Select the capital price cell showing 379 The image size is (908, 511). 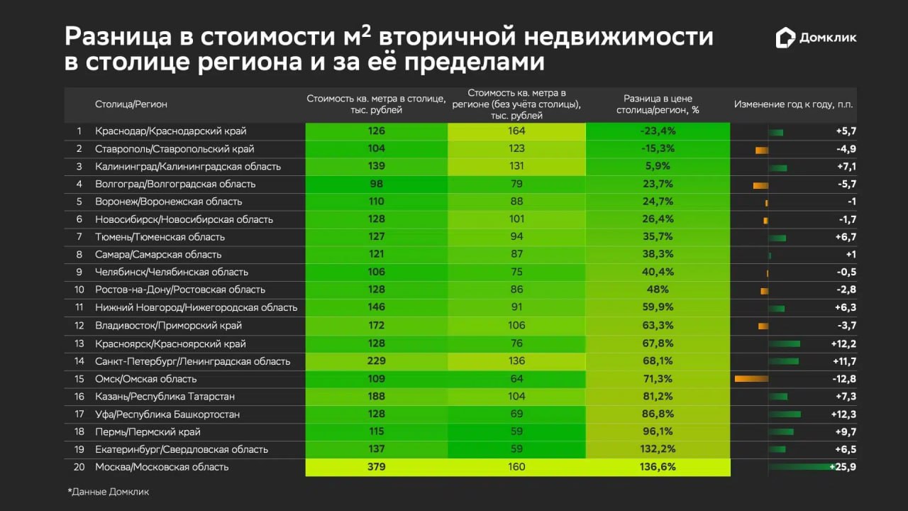point(377,467)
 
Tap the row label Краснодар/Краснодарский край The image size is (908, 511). point(171,131)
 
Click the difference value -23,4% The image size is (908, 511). point(658,131)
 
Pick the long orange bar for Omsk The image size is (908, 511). point(751,378)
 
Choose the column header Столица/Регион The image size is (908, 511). point(131,104)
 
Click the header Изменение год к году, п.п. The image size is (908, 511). point(794,104)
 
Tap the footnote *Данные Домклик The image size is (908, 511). point(109,491)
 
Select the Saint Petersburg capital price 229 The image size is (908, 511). point(377,361)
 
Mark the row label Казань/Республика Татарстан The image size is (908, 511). point(165,397)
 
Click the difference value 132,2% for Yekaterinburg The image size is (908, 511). point(658,449)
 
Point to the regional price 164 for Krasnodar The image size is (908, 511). point(516,131)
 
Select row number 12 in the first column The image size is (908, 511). point(79,326)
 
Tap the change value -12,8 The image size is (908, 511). point(843,378)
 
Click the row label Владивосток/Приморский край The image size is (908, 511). point(168,326)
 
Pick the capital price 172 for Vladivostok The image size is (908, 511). point(377,326)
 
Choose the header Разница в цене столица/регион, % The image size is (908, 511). point(658,104)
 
